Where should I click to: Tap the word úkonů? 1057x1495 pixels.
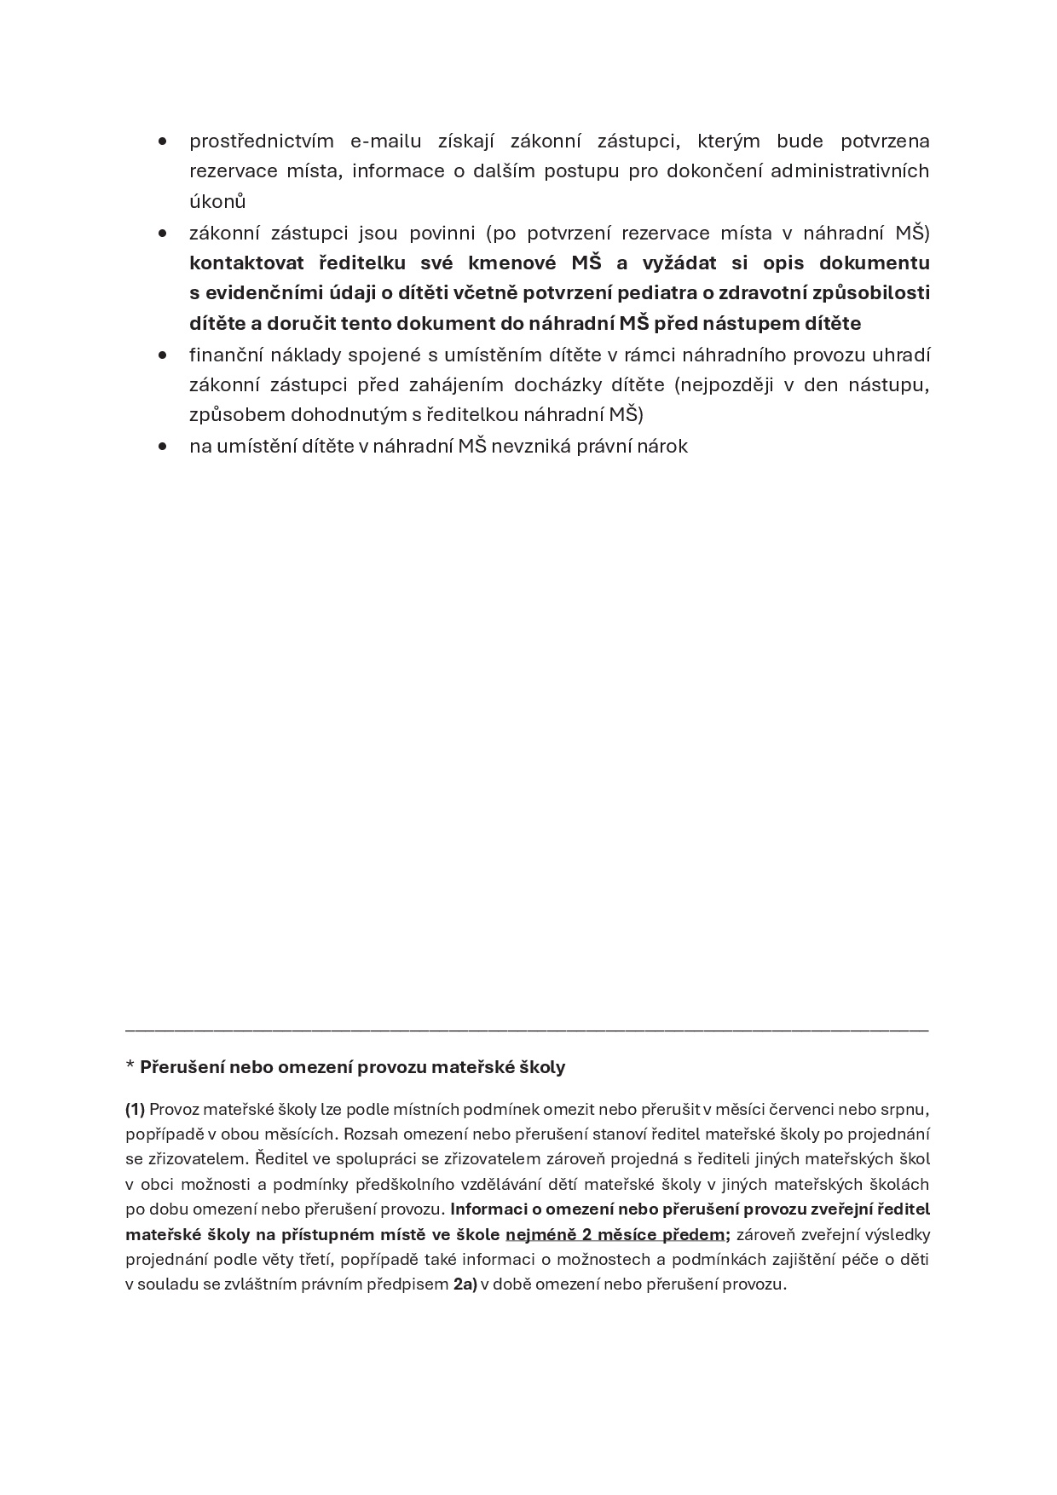[217, 202]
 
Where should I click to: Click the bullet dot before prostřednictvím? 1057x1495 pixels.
[162, 141]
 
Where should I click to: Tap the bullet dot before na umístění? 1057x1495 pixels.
[162, 446]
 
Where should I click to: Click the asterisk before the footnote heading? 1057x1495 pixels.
[130, 1066]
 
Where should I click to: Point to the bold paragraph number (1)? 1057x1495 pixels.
[136, 1109]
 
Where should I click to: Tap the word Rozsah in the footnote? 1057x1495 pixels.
[370, 1134]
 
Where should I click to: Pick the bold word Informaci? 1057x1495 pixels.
[489, 1209]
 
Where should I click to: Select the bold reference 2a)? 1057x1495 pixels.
[465, 1284]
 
